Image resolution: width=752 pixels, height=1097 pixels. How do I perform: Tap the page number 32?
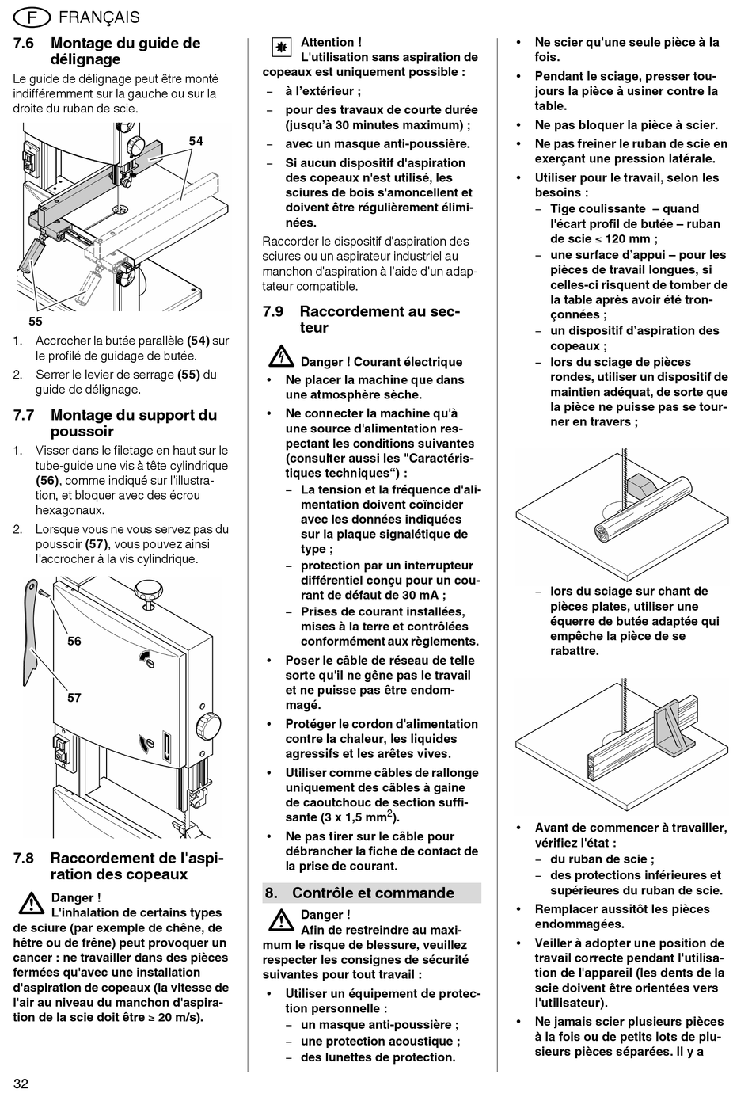[x=21, y=1084]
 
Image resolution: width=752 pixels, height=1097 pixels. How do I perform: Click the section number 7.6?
[x=24, y=44]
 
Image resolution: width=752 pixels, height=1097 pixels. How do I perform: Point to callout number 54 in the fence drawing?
[x=196, y=141]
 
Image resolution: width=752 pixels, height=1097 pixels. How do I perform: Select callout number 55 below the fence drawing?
[x=36, y=321]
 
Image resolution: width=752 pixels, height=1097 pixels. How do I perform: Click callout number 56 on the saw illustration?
[x=74, y=641]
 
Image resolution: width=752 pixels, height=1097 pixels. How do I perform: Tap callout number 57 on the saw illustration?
[x=74, y=698]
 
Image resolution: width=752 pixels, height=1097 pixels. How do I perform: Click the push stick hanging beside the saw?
[x=32, y=634]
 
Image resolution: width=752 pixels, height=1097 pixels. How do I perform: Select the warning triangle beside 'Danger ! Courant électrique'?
[x=280, y=357]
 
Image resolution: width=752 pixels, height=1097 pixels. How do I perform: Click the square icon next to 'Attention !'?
[x=280, y=48]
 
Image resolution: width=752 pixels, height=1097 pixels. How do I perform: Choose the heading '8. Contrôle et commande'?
[x=371, y=893]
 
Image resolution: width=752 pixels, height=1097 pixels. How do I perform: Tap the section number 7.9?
[x=273, y=311]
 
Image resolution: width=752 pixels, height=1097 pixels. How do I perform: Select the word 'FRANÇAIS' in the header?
[x=99, y=17]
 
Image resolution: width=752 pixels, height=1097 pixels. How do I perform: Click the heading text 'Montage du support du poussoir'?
[x=133, y=423]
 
